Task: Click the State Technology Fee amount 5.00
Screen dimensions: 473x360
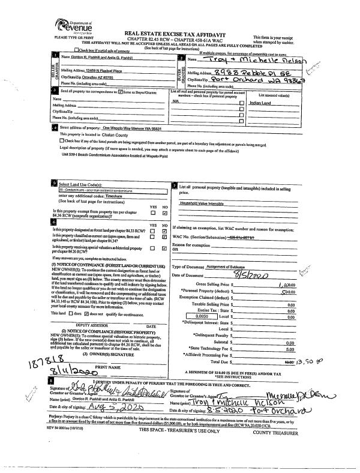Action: [x=290, y=331]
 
